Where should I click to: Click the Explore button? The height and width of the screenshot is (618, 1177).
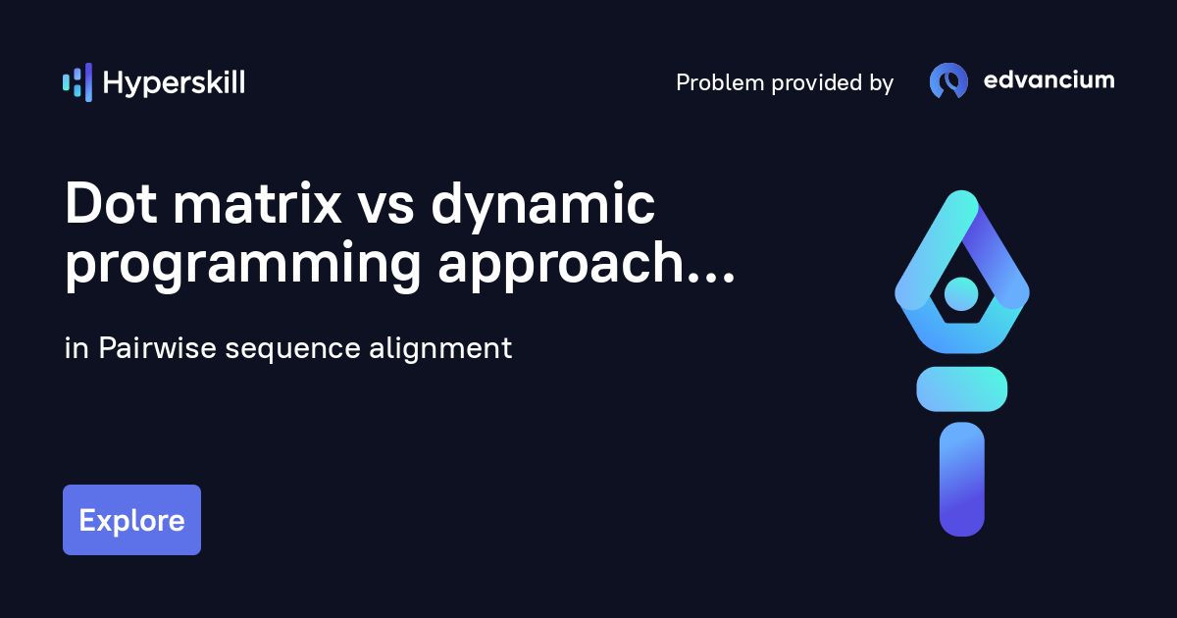pos(131,520)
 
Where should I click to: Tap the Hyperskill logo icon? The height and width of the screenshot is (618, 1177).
pos(77,82)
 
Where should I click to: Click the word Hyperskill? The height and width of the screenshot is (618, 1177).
pos(174,83)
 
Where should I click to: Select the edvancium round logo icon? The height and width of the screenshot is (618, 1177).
pos(948,81)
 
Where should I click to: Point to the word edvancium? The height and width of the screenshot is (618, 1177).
pos(1049,80)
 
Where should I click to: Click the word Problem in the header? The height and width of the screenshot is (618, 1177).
pos(720,83)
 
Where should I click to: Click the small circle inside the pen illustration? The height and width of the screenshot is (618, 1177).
pos(961,292)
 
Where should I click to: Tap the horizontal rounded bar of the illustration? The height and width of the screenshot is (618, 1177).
pos(961,388)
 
